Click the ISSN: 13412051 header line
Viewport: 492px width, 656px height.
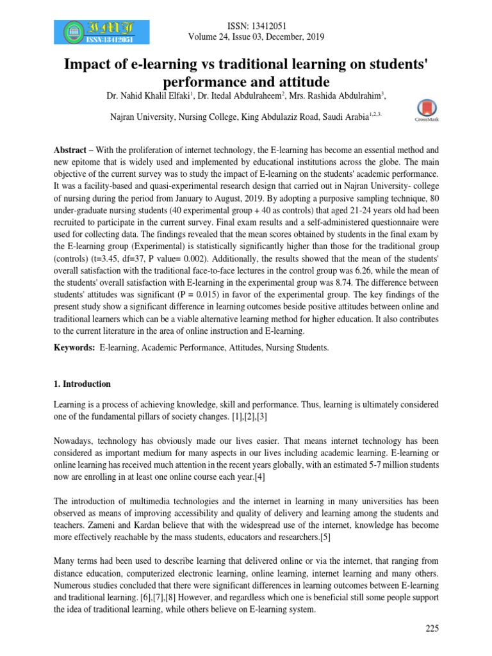click(256, 25)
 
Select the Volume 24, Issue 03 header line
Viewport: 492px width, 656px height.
click(256, 37)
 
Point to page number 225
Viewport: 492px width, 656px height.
click(432, 628)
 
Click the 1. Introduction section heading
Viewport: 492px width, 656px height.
click(81, 384)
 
